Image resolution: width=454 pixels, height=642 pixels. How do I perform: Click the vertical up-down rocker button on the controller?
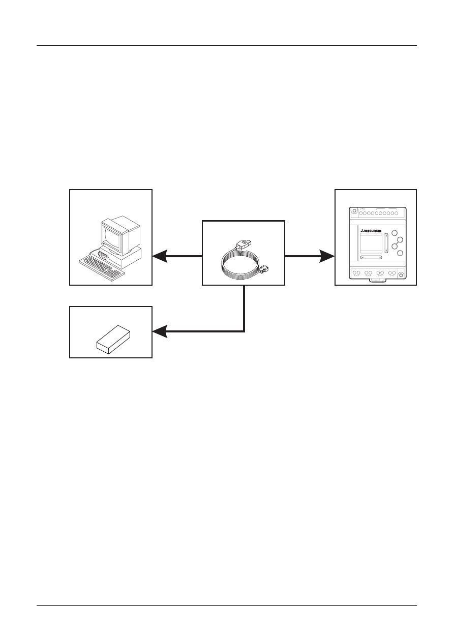[387, 243]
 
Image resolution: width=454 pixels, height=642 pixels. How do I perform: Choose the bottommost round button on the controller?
[400, 253]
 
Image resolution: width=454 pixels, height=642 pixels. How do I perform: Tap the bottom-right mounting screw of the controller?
[401, 275]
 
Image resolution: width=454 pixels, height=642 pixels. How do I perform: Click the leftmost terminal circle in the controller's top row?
[361, 213]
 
